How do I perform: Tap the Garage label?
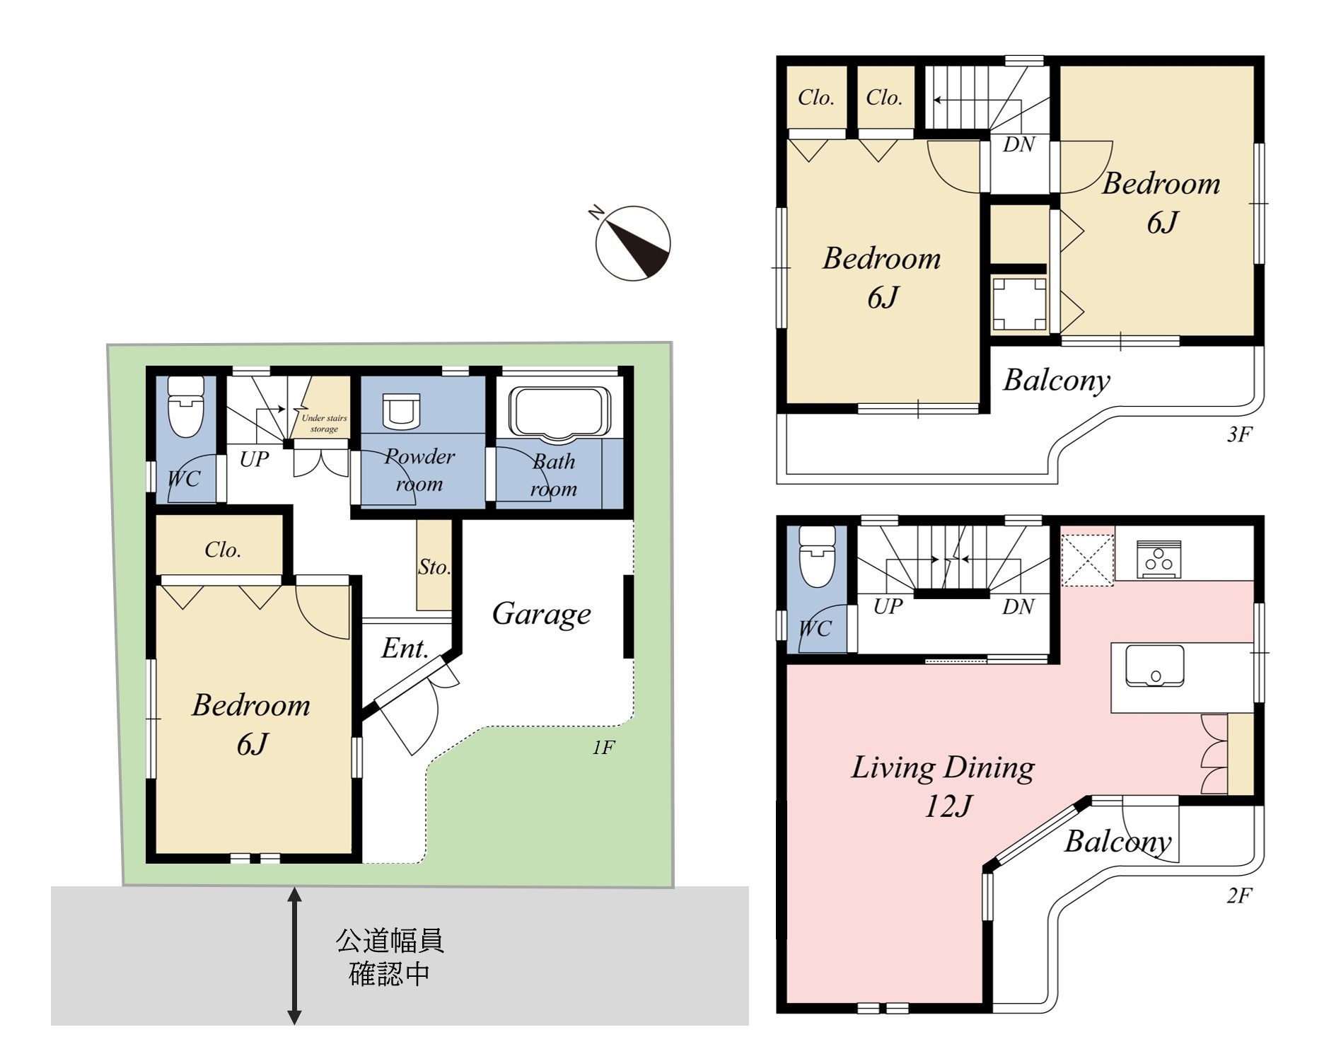[541, 614]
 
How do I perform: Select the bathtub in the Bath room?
[559, 412]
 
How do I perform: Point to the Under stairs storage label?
[324, 423]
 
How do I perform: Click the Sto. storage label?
[434, 567]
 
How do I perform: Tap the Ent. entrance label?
[405, 648]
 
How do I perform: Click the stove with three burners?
[1159, 560]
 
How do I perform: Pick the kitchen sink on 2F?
[1154, 666]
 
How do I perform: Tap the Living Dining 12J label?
[944, 786]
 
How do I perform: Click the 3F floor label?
[1239, 434]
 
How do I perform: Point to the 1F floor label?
[603, 748]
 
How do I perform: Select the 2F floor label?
[1239, 896]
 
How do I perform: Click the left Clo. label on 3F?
[816, 98]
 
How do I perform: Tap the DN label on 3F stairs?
[1018, 144]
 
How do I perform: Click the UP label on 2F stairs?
[888, 606]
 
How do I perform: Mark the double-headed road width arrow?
[294, 956]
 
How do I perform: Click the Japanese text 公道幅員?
[390, 941]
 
